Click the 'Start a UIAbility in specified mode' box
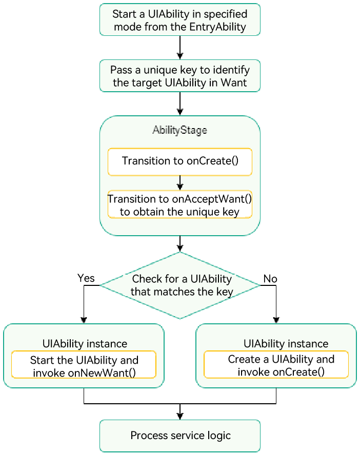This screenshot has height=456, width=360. click(x=179, y=20)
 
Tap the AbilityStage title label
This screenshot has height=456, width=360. click(x=179, y=130)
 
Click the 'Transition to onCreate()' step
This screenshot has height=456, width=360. click(x=179, y=161)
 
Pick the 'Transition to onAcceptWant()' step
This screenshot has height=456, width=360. click(x=179, y=205)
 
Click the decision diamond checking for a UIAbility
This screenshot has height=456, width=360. click(x=180, y=285)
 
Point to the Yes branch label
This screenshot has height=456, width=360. click(x=86, y=278)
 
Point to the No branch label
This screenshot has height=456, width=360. click(x=270, y=279)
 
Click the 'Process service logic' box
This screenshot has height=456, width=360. click(x=180, y=436)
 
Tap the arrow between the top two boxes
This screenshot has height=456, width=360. click(x=180, y=48)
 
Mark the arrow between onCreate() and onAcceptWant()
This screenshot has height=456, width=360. click(x=180, y=182)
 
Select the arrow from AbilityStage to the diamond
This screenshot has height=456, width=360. click(x=180, y=243)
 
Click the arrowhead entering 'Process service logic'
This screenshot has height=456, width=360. click(x=180, y=416)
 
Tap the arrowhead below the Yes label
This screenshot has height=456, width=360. click(x=84, y=320)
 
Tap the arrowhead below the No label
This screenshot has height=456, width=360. click(x=276, y=320)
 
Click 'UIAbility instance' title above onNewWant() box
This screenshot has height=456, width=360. click(x=85, y=343)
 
